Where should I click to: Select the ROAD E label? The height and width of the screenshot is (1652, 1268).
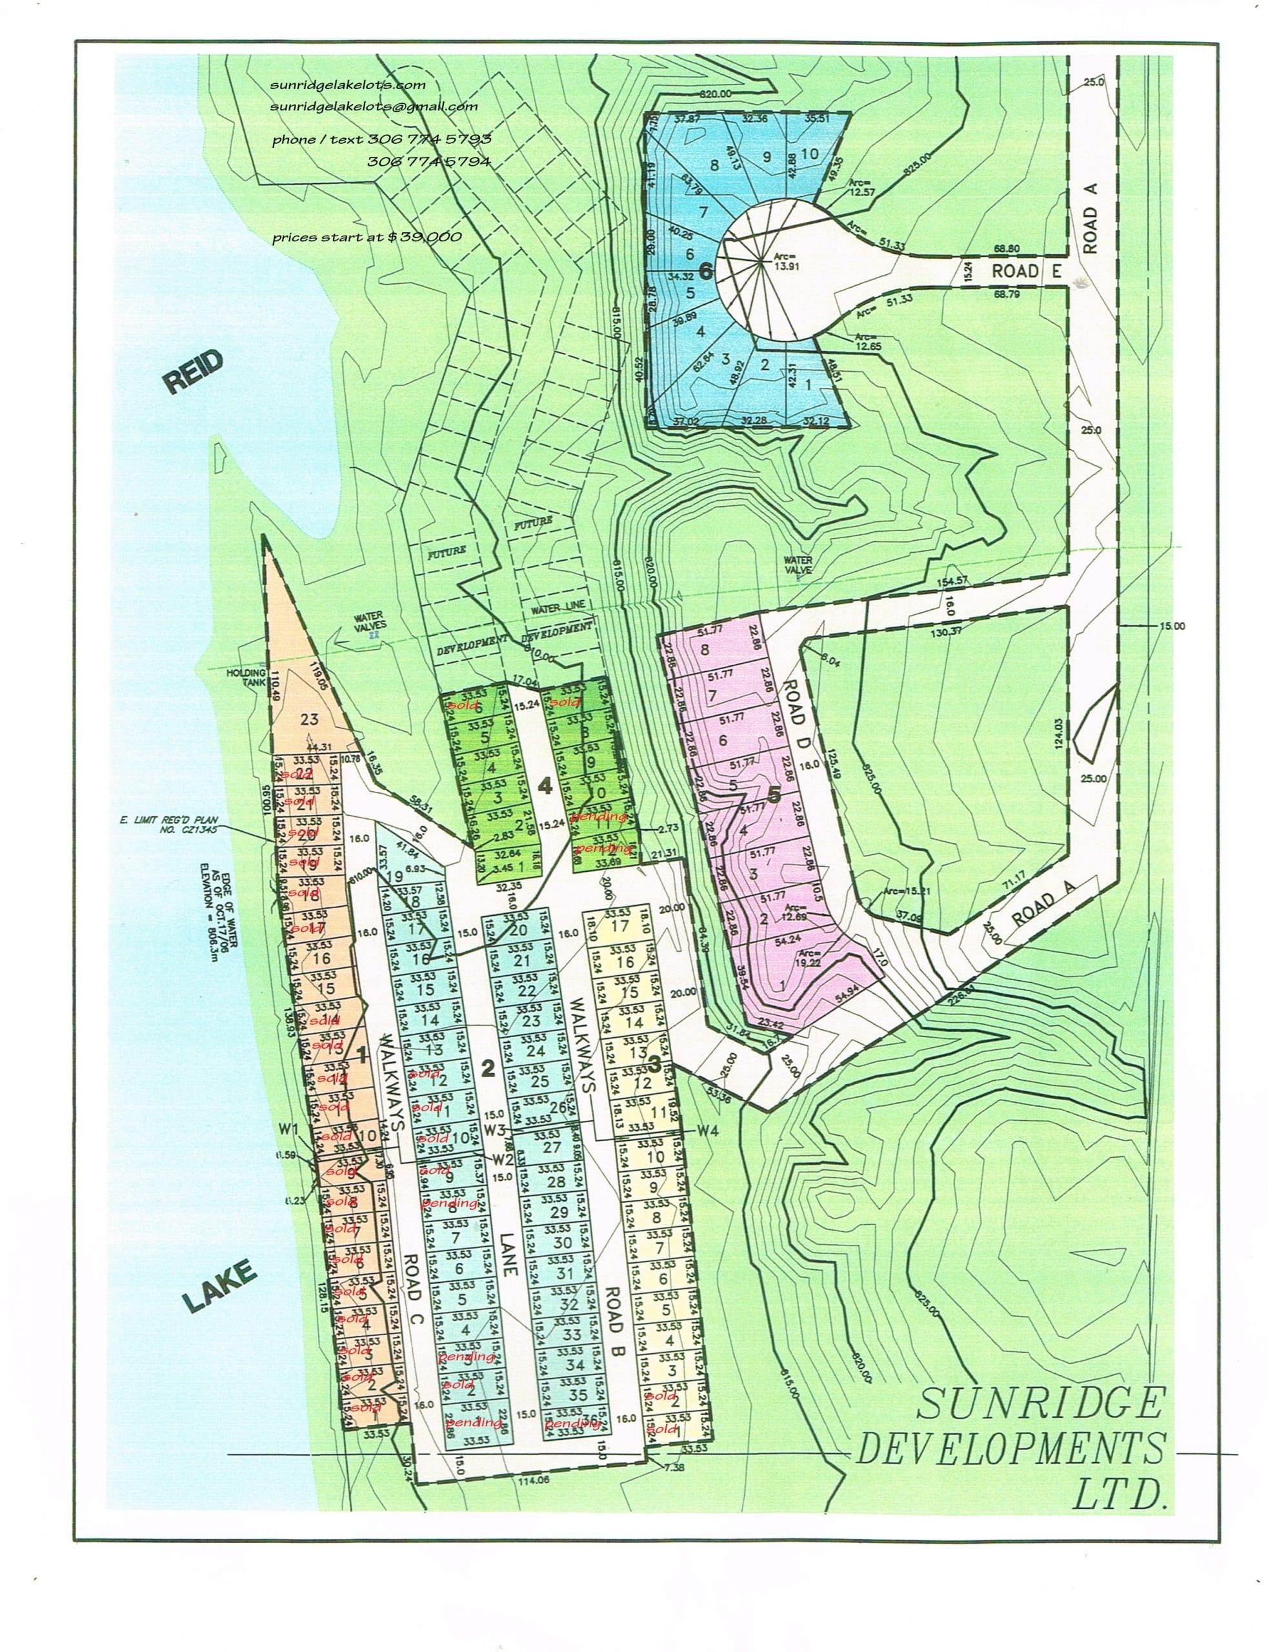click(1026, 271)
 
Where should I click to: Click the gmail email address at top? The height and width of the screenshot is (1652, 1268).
click(374, 106)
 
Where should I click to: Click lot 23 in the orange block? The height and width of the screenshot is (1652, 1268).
click(310, 718)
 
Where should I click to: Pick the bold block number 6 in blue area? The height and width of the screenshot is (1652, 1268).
click(705, 272)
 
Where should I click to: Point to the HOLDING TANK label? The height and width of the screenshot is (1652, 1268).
click(246, 673)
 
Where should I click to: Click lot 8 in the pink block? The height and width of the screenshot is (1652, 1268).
click(705, 649)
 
